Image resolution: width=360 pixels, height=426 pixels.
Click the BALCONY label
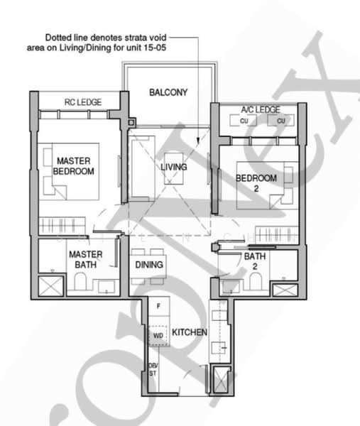[x=168, y=92]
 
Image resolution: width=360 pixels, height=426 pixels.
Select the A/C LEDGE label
[x=260, y=109]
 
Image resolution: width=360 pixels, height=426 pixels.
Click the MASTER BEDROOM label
[x=75, y=166]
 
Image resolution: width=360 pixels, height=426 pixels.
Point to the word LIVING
[x=173, y=167]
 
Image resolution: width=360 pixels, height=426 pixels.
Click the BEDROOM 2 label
[x=256, y=183]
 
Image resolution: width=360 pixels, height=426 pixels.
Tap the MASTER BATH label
[x=85, y=259]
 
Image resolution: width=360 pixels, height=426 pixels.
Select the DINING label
[x=149, y=265]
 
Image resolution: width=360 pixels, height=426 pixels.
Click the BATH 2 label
[x=255, y=261]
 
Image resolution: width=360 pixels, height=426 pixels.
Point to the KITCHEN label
[x=190, y=332]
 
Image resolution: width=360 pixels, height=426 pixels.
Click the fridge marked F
[x=159, y=306]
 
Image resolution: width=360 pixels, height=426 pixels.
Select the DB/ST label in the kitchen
[x=152, y=369]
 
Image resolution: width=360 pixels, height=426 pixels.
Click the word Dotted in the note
[x=59, y=37]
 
